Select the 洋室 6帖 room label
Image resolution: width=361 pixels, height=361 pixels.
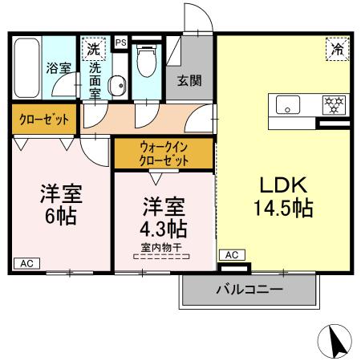tap(62, 206)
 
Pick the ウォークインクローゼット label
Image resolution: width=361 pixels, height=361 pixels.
tap(164, 153)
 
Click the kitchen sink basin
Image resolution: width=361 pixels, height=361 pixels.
tap(287, 105)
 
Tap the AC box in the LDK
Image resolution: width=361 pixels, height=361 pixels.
tap(230, 254)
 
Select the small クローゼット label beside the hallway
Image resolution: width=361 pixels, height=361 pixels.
tap(44, 120)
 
